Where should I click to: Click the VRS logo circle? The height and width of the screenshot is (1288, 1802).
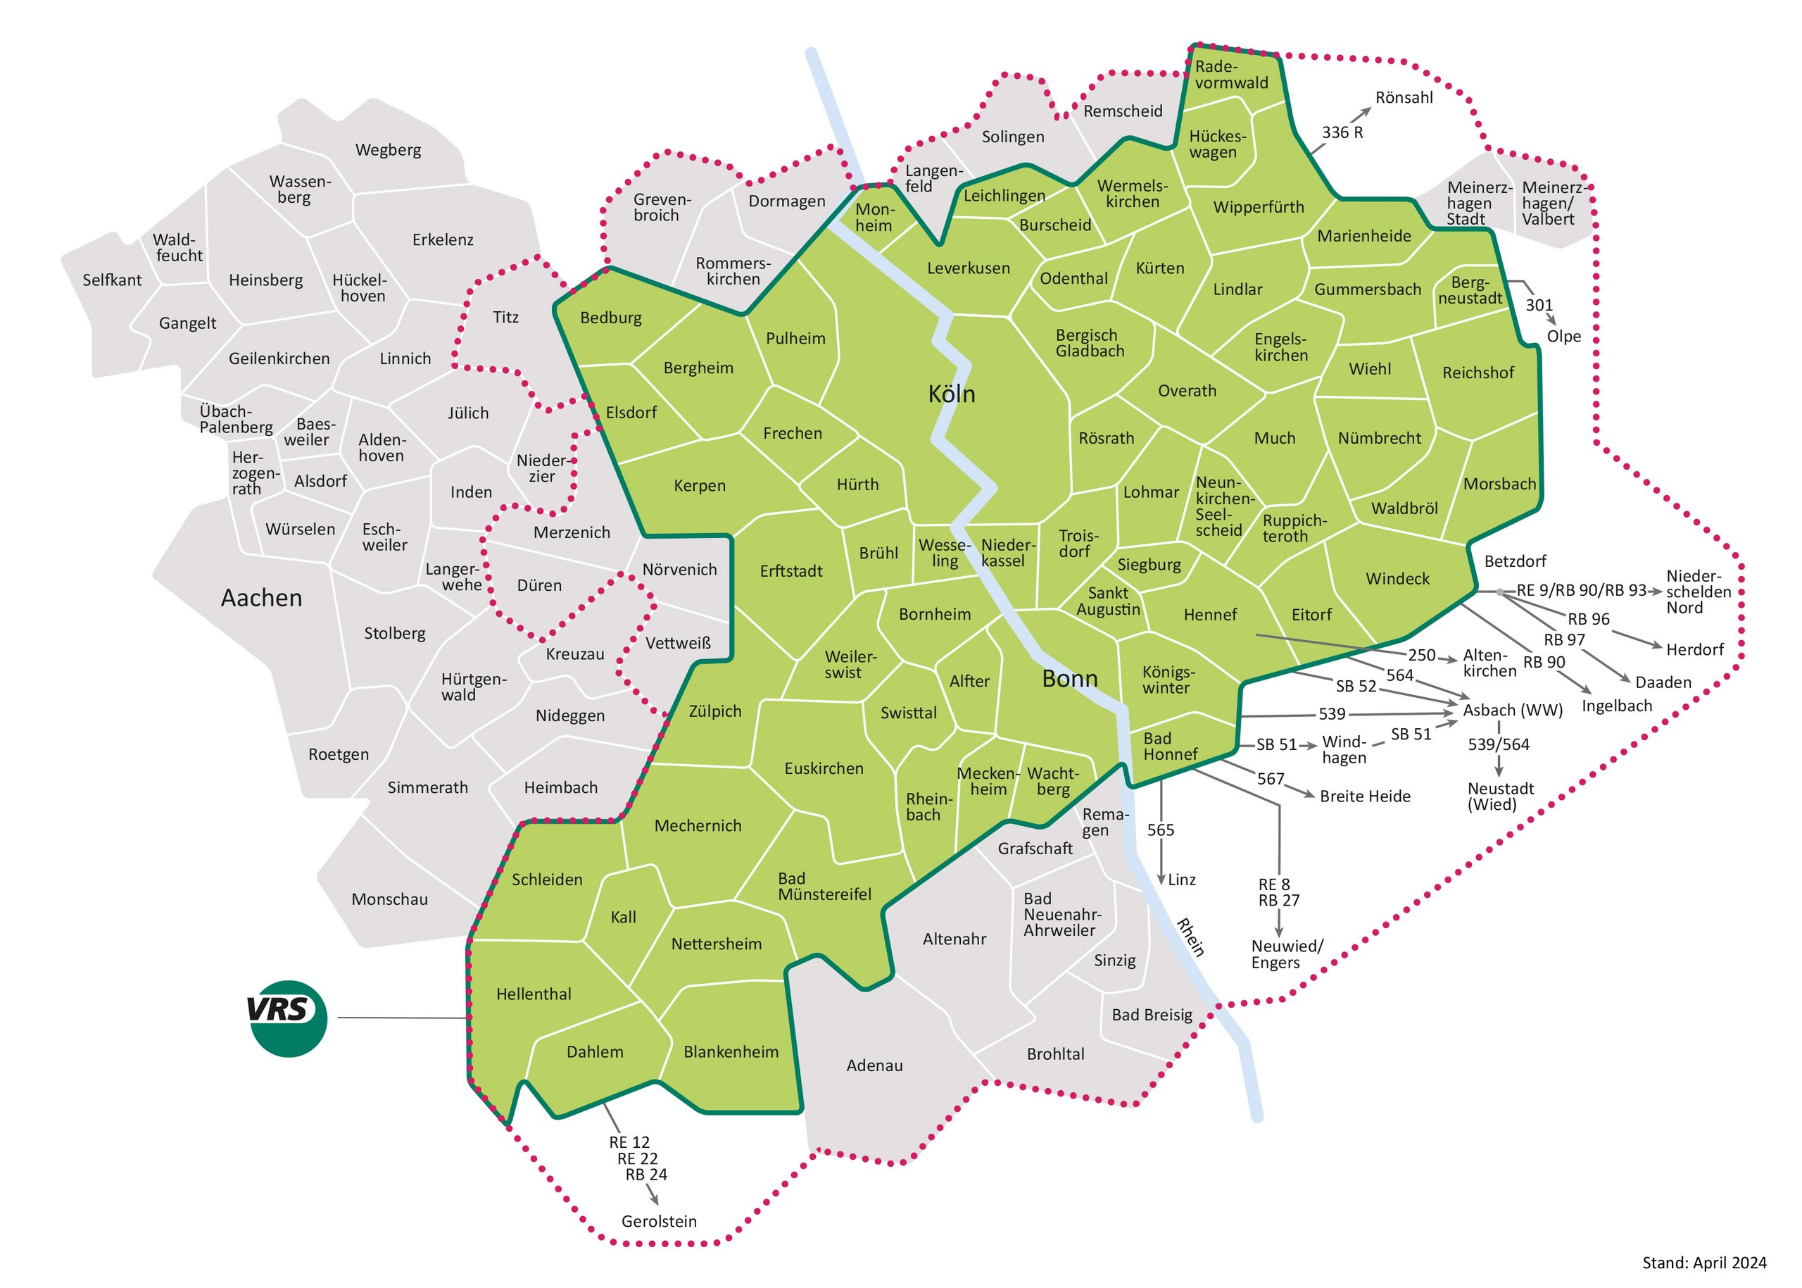tap(287, 1018)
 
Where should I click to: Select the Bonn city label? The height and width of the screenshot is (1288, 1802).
tap(1069, 679)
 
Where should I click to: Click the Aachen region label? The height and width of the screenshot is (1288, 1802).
tap(261, 598)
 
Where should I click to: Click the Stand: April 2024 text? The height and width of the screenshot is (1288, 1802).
tap(1703, 1263)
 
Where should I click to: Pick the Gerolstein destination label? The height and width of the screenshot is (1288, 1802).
tap(658, 1221)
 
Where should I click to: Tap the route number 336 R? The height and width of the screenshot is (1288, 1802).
tap(1342, 132)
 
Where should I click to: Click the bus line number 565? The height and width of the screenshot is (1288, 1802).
tap(1160, 830)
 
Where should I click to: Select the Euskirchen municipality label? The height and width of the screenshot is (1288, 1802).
tap(823, 768)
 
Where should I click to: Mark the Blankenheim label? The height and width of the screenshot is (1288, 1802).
tap(730, 1051)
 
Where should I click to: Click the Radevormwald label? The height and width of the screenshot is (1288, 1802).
tap(1230, 75)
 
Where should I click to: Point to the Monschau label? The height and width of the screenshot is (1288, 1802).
tap(389, 899)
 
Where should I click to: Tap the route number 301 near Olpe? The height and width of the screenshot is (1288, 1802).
tap(1538, 306)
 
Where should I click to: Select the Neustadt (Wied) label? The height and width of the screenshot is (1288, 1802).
tap(1499, 796)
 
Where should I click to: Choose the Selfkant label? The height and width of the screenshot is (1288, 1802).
tap(112, 280)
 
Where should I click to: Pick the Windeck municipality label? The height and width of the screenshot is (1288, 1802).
tap(1396, 579)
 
